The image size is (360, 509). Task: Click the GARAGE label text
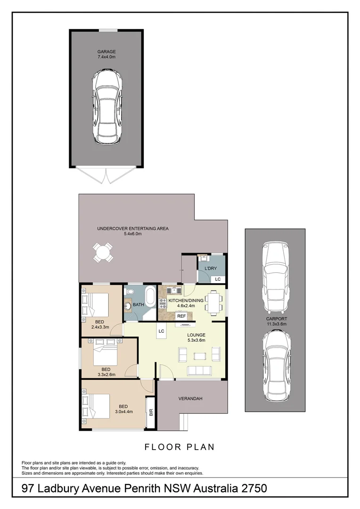[106, 52]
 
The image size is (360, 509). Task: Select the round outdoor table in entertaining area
[102, 252]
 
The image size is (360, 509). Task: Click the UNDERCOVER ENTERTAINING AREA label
[132, 229]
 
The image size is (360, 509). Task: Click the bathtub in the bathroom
[150, 297]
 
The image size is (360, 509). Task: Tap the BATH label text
[138, 305]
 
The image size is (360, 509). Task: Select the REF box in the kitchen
[182, 316]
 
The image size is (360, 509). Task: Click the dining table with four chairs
[213, 302]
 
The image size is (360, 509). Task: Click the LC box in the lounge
[161, 331]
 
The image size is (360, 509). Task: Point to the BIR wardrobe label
[151, 412]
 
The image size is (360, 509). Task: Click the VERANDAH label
[190, 399]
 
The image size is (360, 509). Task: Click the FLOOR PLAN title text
[179, 447]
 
